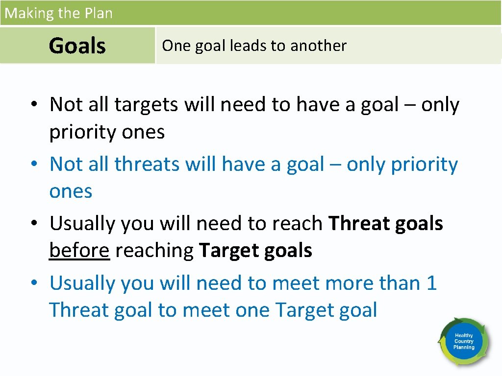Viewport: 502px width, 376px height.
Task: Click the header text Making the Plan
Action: pyautogui.click(x=58, y=13)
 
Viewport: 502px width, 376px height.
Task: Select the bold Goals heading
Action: pyautogui.click(x=77, y=46)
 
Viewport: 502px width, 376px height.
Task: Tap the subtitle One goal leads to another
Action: pyautogui.click(x=254, y=46)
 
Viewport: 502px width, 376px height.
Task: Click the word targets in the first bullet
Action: pyautogui.click(x=146, y=105)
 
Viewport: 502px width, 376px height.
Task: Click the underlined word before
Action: pyautogui.click(x=79, y=251)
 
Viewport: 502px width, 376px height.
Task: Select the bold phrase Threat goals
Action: pyautogui.click(x=386, y=224)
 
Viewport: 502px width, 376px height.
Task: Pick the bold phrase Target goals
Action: pyautogui.click(x=255, y=251)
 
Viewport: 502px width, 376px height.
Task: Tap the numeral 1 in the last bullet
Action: pyautogui.click(x=431, y=283)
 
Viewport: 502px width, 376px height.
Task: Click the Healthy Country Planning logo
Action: pyautogui.click(x=463, y=341)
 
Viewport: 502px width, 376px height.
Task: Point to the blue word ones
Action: pyautogui.click(x=71, y=191)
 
